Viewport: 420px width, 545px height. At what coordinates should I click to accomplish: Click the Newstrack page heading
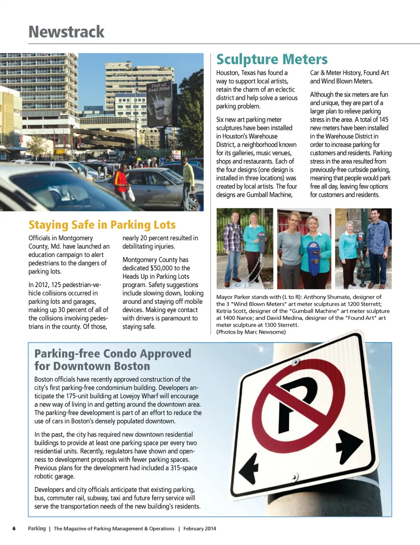[66, 32]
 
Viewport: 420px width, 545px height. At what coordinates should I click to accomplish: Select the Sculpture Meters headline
[272, 59]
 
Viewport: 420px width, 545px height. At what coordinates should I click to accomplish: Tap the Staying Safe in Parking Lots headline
[102, 225]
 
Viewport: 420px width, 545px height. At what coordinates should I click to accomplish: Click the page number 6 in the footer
[14, 528]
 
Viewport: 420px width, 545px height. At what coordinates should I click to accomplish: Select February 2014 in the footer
[199, 528]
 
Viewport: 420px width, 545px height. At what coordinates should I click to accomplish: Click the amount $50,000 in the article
[161, 268]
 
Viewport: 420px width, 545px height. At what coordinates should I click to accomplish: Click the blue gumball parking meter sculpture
[314, 258]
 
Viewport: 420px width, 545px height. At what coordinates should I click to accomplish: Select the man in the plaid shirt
[232, 247]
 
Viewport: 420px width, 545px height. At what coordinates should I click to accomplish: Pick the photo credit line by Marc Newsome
[251, 332]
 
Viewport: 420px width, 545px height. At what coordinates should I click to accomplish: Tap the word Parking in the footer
[37, 528]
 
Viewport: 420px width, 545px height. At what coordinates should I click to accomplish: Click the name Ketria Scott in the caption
[231, 311]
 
